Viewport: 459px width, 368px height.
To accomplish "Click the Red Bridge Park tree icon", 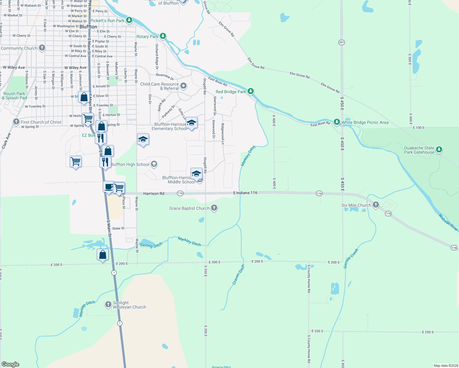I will point(251,91).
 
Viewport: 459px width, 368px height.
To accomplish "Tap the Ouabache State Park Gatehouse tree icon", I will point(439,149).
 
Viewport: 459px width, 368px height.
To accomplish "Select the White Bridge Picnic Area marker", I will point(337,122).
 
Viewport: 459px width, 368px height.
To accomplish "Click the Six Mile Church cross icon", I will point(376,205).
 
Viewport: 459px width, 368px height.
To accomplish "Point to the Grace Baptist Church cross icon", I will point(214,208).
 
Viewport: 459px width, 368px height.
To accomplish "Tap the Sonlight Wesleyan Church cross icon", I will point(108,305).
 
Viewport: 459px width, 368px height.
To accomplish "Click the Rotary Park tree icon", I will point(163,36).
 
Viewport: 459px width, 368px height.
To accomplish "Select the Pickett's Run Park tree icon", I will point(129,20).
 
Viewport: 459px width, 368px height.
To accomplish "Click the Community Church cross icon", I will point(42,48).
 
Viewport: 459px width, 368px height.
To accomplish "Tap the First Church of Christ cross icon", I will point(16,122).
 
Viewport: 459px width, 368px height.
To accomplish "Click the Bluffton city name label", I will point(88,27).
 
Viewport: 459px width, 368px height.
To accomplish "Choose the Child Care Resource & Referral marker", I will point(183,86).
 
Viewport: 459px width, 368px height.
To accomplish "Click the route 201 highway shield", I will point(342,42).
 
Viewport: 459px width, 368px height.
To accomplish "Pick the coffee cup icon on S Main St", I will point(109,187).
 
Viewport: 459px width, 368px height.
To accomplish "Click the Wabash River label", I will point(448,222).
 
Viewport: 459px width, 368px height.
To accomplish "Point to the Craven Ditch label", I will point(238,274).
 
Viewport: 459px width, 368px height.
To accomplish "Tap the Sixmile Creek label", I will point(351,259).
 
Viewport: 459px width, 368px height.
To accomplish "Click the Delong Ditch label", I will point(151,245).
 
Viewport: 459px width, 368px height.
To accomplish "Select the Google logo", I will point(10,364).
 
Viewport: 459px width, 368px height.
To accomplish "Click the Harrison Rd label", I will point(154,194).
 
